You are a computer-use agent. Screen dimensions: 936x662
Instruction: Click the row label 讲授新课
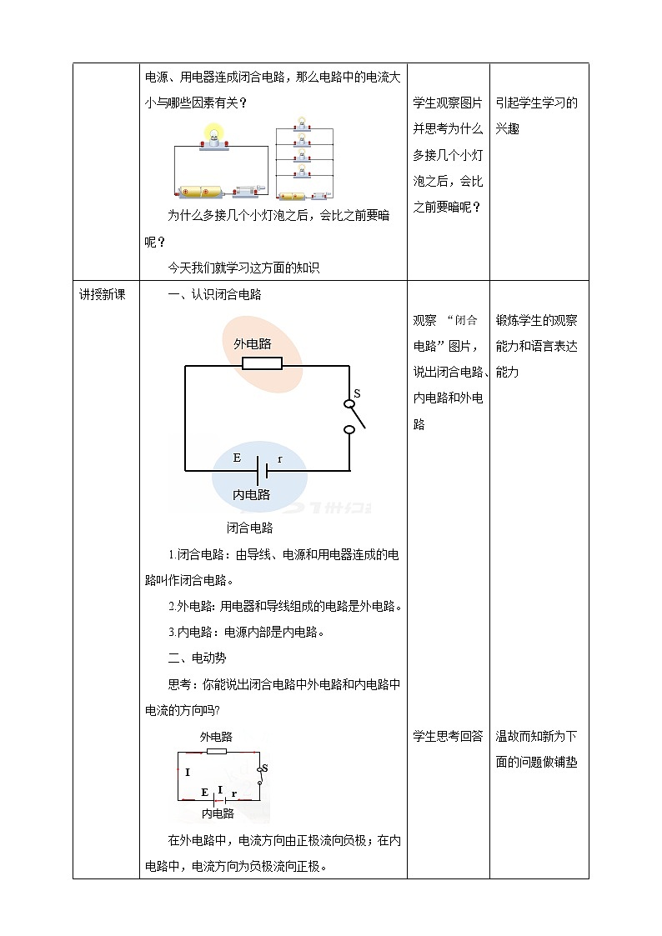(102, 294)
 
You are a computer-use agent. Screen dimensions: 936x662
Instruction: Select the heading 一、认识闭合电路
(215, 294)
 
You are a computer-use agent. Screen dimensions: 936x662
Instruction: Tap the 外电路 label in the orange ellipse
(252, 343)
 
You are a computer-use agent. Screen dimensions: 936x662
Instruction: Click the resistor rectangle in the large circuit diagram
(262, 363)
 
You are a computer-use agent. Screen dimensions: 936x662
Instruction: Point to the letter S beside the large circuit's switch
(357, 393)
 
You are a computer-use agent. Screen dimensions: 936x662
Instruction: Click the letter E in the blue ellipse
(237, 458)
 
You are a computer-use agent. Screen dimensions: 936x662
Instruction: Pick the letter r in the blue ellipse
(279, 459)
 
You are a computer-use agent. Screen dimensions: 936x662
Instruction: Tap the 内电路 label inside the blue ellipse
(251, 494)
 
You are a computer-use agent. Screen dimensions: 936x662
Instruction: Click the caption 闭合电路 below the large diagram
(249, 528)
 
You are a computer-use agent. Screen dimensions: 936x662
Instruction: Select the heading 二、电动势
(197, 658)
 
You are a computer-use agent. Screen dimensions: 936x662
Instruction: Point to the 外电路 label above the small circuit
(216, 737)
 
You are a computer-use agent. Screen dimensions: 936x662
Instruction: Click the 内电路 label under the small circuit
(218, 813)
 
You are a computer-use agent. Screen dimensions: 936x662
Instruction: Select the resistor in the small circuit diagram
(216, 751)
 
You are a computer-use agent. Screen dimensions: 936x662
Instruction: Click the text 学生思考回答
(448, 736)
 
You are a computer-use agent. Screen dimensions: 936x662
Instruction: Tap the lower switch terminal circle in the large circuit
(350, 430)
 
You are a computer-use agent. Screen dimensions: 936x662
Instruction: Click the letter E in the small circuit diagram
(204, 792)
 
